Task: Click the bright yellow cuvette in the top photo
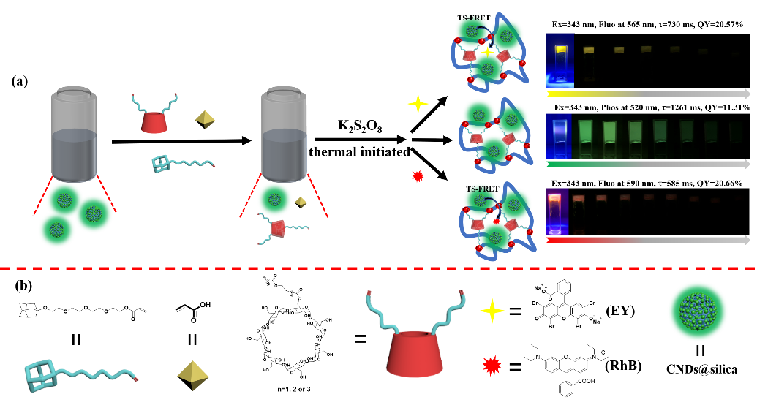point(561,63)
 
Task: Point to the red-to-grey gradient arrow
point(647,240)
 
